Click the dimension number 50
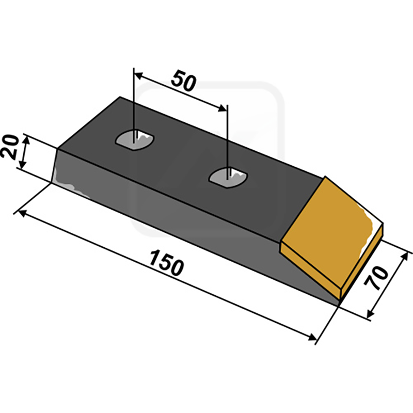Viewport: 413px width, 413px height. coord(184,81)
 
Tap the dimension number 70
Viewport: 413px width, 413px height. coord(376,278)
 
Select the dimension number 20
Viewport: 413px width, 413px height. coord(10,147)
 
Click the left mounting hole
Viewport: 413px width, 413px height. coord(135,140)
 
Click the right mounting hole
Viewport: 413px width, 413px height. coord(228,177)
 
